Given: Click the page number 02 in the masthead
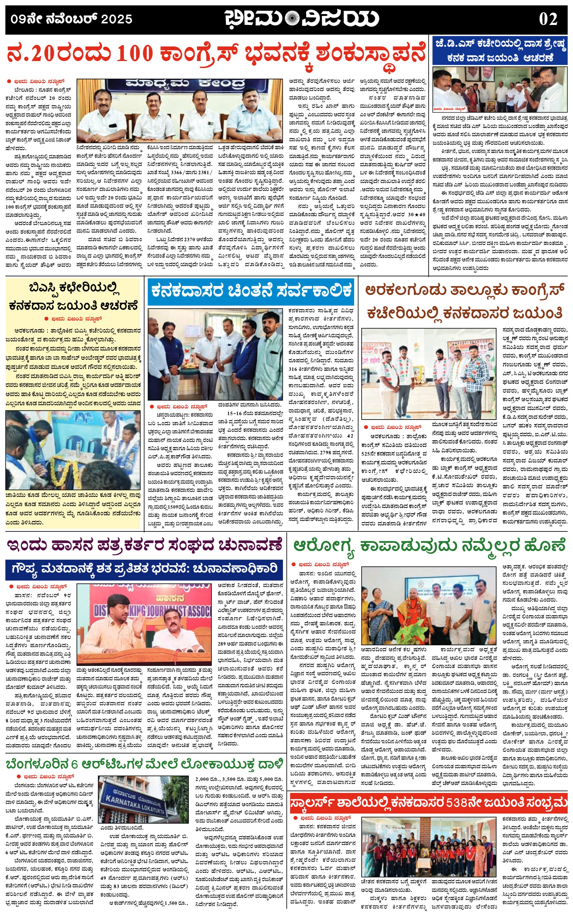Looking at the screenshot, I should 548,19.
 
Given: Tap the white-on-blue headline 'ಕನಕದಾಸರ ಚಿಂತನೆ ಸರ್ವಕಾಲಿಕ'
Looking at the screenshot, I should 251,291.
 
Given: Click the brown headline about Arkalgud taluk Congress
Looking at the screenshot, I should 465,302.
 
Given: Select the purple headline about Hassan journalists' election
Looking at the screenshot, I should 144,545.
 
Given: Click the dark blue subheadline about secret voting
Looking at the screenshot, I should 144,568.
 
